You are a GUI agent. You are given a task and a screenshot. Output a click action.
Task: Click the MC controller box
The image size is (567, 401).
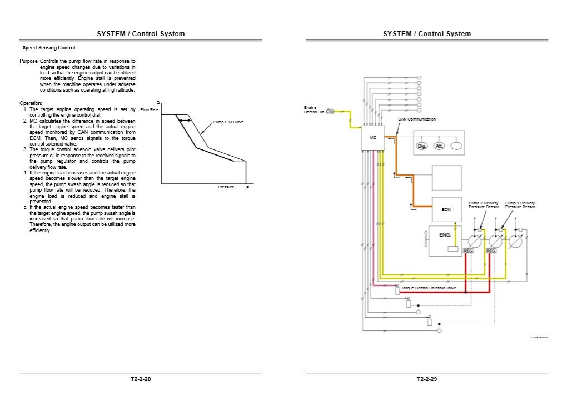373,137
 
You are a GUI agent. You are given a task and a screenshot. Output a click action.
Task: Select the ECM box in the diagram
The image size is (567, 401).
446,209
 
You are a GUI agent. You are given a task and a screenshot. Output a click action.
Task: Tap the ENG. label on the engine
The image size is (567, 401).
445,235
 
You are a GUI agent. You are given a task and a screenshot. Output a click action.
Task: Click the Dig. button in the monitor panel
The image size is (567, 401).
422,146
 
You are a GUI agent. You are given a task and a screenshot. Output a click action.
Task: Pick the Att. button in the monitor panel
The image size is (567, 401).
439,146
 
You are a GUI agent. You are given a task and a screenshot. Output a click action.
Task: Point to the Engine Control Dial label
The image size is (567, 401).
314,109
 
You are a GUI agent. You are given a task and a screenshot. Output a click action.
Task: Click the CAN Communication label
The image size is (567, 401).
417,119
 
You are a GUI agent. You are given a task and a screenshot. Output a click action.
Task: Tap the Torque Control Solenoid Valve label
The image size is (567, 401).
429,288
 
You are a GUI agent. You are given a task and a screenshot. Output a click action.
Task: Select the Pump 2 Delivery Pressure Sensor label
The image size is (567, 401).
484,205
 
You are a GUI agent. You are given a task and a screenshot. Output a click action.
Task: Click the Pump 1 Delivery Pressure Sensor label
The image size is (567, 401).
520,205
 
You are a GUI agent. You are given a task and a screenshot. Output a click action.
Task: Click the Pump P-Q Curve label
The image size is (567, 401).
228,122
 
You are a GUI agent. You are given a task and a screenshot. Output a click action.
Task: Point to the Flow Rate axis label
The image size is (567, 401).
150,109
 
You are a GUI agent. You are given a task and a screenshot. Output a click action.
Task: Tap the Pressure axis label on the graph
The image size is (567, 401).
226,187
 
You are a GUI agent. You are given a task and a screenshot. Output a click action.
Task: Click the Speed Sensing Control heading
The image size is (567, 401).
49,48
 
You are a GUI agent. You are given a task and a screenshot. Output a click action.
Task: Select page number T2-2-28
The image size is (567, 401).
141,380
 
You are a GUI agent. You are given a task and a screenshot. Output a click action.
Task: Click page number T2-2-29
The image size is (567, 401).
427,380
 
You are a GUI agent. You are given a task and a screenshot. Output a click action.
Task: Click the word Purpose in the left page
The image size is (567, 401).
29,61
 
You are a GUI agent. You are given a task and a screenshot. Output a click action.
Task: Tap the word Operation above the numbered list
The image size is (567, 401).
31,103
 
